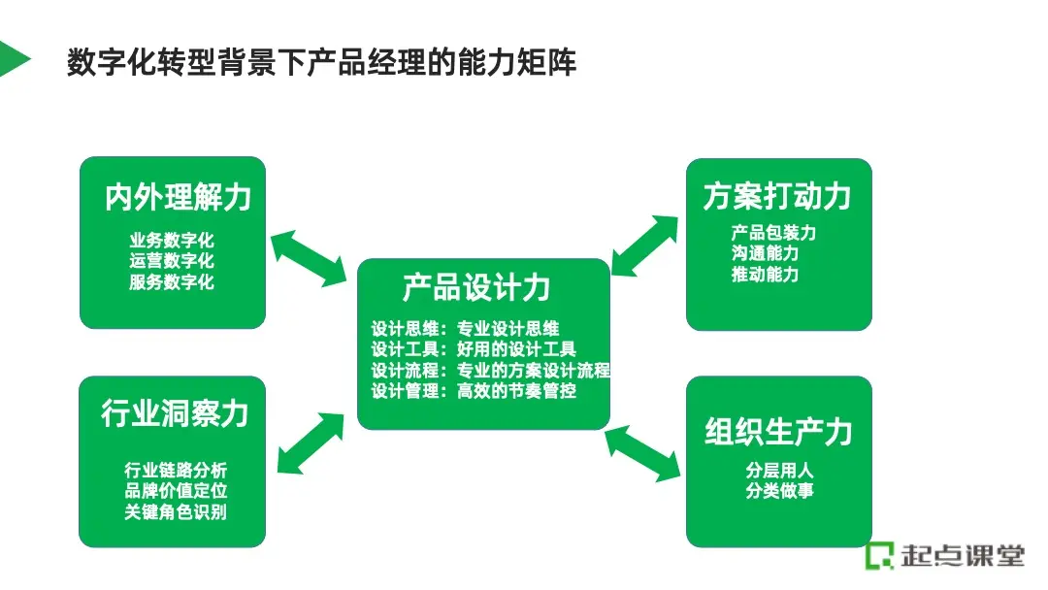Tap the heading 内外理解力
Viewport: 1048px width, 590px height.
click(x=178, y=197)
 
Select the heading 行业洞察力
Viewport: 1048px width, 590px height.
click(x=175, y=414)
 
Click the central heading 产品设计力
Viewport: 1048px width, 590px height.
click(x=475, y=287)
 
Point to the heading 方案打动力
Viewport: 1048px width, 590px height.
click(x=777, y=197)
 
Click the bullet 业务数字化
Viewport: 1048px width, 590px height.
click(x=172, y=239)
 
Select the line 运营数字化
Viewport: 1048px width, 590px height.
click(x=172, y=260)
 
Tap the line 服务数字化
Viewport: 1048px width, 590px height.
click(x=172, y=282)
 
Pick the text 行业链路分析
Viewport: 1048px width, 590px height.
click(x=176, y=471)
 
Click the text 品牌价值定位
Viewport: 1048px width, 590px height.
click(x=176, y=491)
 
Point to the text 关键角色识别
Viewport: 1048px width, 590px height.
click(x=176, y=512)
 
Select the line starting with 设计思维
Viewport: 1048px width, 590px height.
click(x=466, y=328)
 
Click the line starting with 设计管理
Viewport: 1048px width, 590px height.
click(x=475, y=392)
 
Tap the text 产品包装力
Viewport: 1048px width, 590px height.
click(x=773, y=233)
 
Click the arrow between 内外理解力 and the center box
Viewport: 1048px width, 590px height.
click(x=309, y=259)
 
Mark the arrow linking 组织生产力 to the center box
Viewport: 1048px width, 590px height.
click(x=642, y=455)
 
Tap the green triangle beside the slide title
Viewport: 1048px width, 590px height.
click(x=13, y=59)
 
